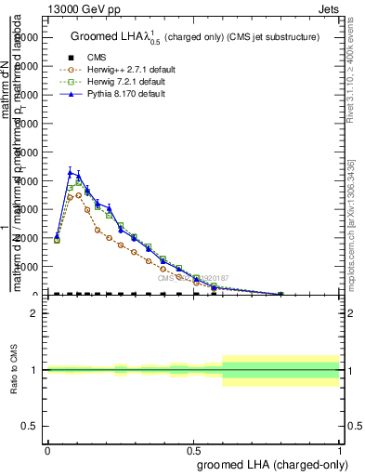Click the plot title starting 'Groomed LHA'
point(195,36)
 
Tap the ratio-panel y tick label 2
point(34,313)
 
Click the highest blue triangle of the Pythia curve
point(70,171)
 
